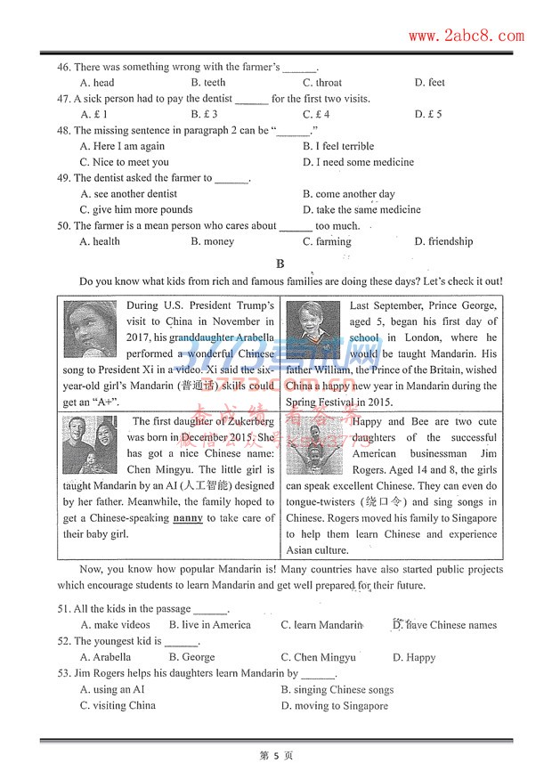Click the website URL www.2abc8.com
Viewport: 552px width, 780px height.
point(466,36)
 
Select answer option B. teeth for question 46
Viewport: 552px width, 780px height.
point(208,83)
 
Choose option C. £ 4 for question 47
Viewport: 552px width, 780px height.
point(316,115)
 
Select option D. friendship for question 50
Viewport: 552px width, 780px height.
point(443,241)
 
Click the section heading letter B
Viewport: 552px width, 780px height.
point(280,264)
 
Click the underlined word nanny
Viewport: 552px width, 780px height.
point(188,518)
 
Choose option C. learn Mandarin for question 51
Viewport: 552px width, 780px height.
point(321,625)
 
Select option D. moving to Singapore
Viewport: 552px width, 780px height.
point(335,706)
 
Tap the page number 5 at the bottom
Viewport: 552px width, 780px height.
point(276,756)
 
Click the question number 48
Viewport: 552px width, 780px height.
point(63,131)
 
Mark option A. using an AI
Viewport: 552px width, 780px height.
point(111,690)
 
